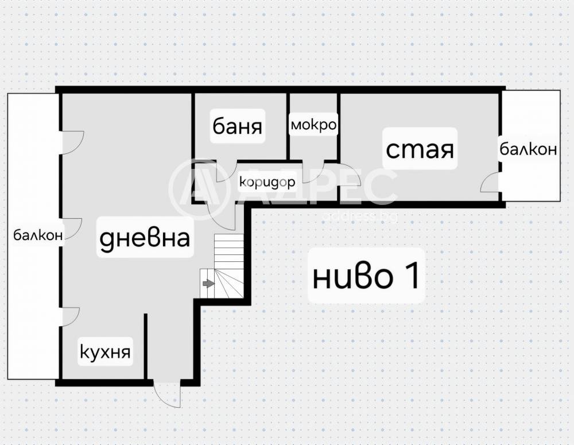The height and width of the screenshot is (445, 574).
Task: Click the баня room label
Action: click(237, 126)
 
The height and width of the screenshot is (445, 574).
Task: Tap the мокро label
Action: click(313, 125)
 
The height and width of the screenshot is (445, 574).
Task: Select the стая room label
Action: click(420, 149)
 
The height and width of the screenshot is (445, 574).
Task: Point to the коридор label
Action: click(267, 181)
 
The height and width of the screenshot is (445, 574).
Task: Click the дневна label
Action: click(145, 238)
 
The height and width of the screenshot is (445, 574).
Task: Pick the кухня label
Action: click(105, 352)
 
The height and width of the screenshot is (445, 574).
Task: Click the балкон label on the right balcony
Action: click(528, 149)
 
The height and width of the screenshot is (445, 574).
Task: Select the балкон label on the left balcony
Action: click(38, 235)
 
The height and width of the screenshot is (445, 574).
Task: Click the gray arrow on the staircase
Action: click(208, 284)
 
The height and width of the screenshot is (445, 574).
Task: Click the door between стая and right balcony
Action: click(491, 183)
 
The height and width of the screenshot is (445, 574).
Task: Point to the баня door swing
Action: click(227, 172)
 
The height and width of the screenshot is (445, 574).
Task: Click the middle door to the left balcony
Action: click(71, 228)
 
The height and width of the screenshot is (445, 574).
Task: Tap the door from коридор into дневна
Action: click(221, 216)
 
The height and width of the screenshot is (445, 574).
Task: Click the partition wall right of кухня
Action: click(146, 346)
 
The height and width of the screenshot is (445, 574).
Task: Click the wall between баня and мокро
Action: click(288, 126)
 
